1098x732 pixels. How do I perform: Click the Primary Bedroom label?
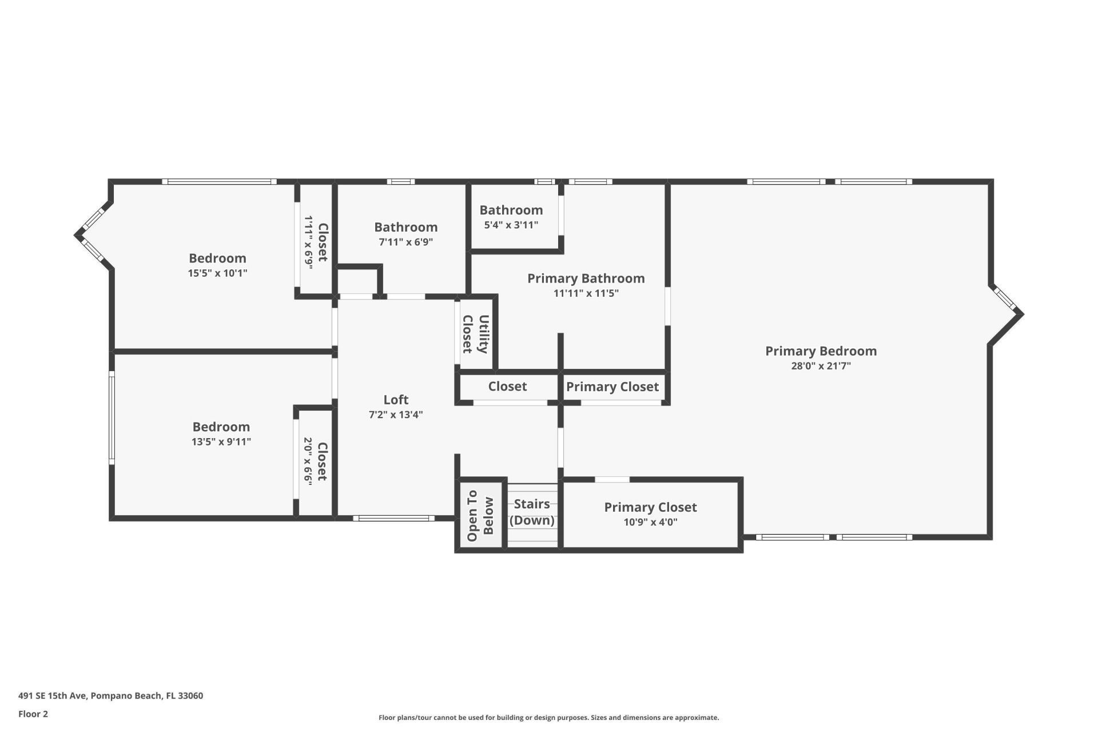(821, 351)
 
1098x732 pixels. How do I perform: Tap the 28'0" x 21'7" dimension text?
(821, 366)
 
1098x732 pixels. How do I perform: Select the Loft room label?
(396, 400)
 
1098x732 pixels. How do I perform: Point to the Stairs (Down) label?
(532, 512)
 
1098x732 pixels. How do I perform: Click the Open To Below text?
(480, 516)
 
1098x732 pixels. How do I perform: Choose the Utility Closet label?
(475, 334)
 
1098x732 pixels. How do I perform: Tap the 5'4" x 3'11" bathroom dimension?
(511, 225)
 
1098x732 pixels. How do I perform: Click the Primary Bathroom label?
(586, 279)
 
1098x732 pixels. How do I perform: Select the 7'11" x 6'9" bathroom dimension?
(405, 242)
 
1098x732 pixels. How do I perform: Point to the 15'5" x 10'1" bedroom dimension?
(217, 273)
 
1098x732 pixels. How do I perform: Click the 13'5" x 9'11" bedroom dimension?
(221, 441)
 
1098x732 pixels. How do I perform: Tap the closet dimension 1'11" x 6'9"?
(309, 242)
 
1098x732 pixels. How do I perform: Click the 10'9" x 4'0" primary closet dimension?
(650, 522)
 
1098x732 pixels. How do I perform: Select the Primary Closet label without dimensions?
(612, 387)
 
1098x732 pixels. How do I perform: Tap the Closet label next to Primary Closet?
(507, 387)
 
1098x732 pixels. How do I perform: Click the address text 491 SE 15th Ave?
(110, 696)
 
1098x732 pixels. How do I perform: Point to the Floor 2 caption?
(33, 714)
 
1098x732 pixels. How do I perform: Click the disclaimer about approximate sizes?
(548, 718)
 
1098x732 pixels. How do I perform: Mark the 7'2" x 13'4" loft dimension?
(396, 415)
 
